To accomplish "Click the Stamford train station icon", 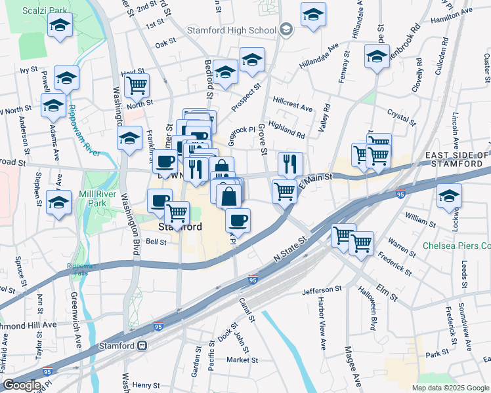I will click(x=141, y=345).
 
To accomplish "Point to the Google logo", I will click(x=22, y=385).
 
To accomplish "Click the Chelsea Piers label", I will click(x=459, y=246).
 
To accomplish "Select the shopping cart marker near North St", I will click(x=137, y=85).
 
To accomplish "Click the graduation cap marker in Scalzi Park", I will click(x=60, y=26).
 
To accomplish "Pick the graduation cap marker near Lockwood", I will click(x=450, y=196).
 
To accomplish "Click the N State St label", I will click(x=289, y=252).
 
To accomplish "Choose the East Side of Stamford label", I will click(x=456, y=160).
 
